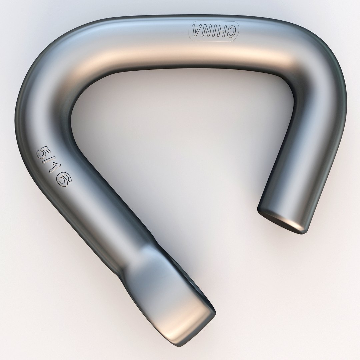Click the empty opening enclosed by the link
pyautogui.click(x=187, y=140)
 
